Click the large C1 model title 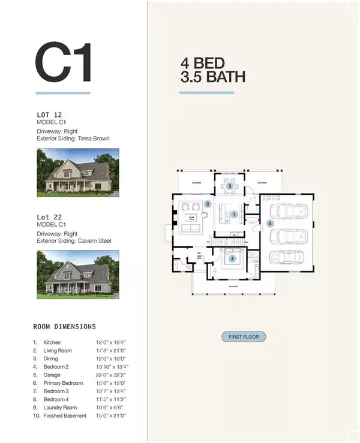tap(64, 62)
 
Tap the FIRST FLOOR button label tap(244, 337)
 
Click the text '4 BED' tap(203, 63)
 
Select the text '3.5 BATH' tap(212, 77)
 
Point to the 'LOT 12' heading tap(49, 114)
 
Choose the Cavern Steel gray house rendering tap(77, 274)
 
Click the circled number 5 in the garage tap(270, 223)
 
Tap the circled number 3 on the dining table tap(230, 186)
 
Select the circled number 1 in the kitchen tap(235, 213)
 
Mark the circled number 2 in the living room tap(208, 204)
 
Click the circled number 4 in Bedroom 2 tap(232, 259)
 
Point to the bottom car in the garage tap(289, 258)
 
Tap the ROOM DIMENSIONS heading tap(64, 327)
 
